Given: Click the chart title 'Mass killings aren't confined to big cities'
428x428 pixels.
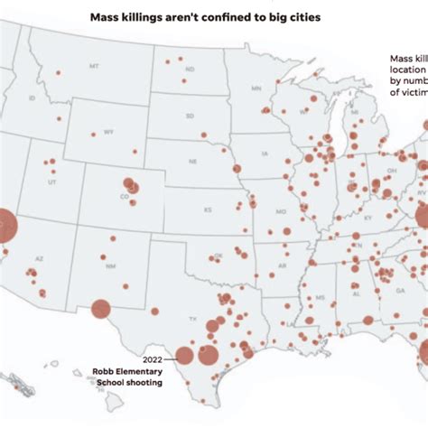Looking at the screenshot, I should click(204, 17).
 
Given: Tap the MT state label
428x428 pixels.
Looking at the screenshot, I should click(94, 68).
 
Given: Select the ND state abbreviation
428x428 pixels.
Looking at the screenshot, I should click(190, 70).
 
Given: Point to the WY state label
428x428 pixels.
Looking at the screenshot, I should click(108, 132).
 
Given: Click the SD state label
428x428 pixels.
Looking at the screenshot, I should click(190, 116).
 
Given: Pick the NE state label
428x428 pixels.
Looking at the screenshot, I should click(193, 163).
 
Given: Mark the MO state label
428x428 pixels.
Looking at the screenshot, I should click(281, 211).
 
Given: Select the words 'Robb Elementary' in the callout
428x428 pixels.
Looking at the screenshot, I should click(126, 370).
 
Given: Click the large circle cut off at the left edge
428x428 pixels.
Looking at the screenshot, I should click(5, 225).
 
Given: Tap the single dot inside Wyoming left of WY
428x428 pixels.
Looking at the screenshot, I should click(91, 133).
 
